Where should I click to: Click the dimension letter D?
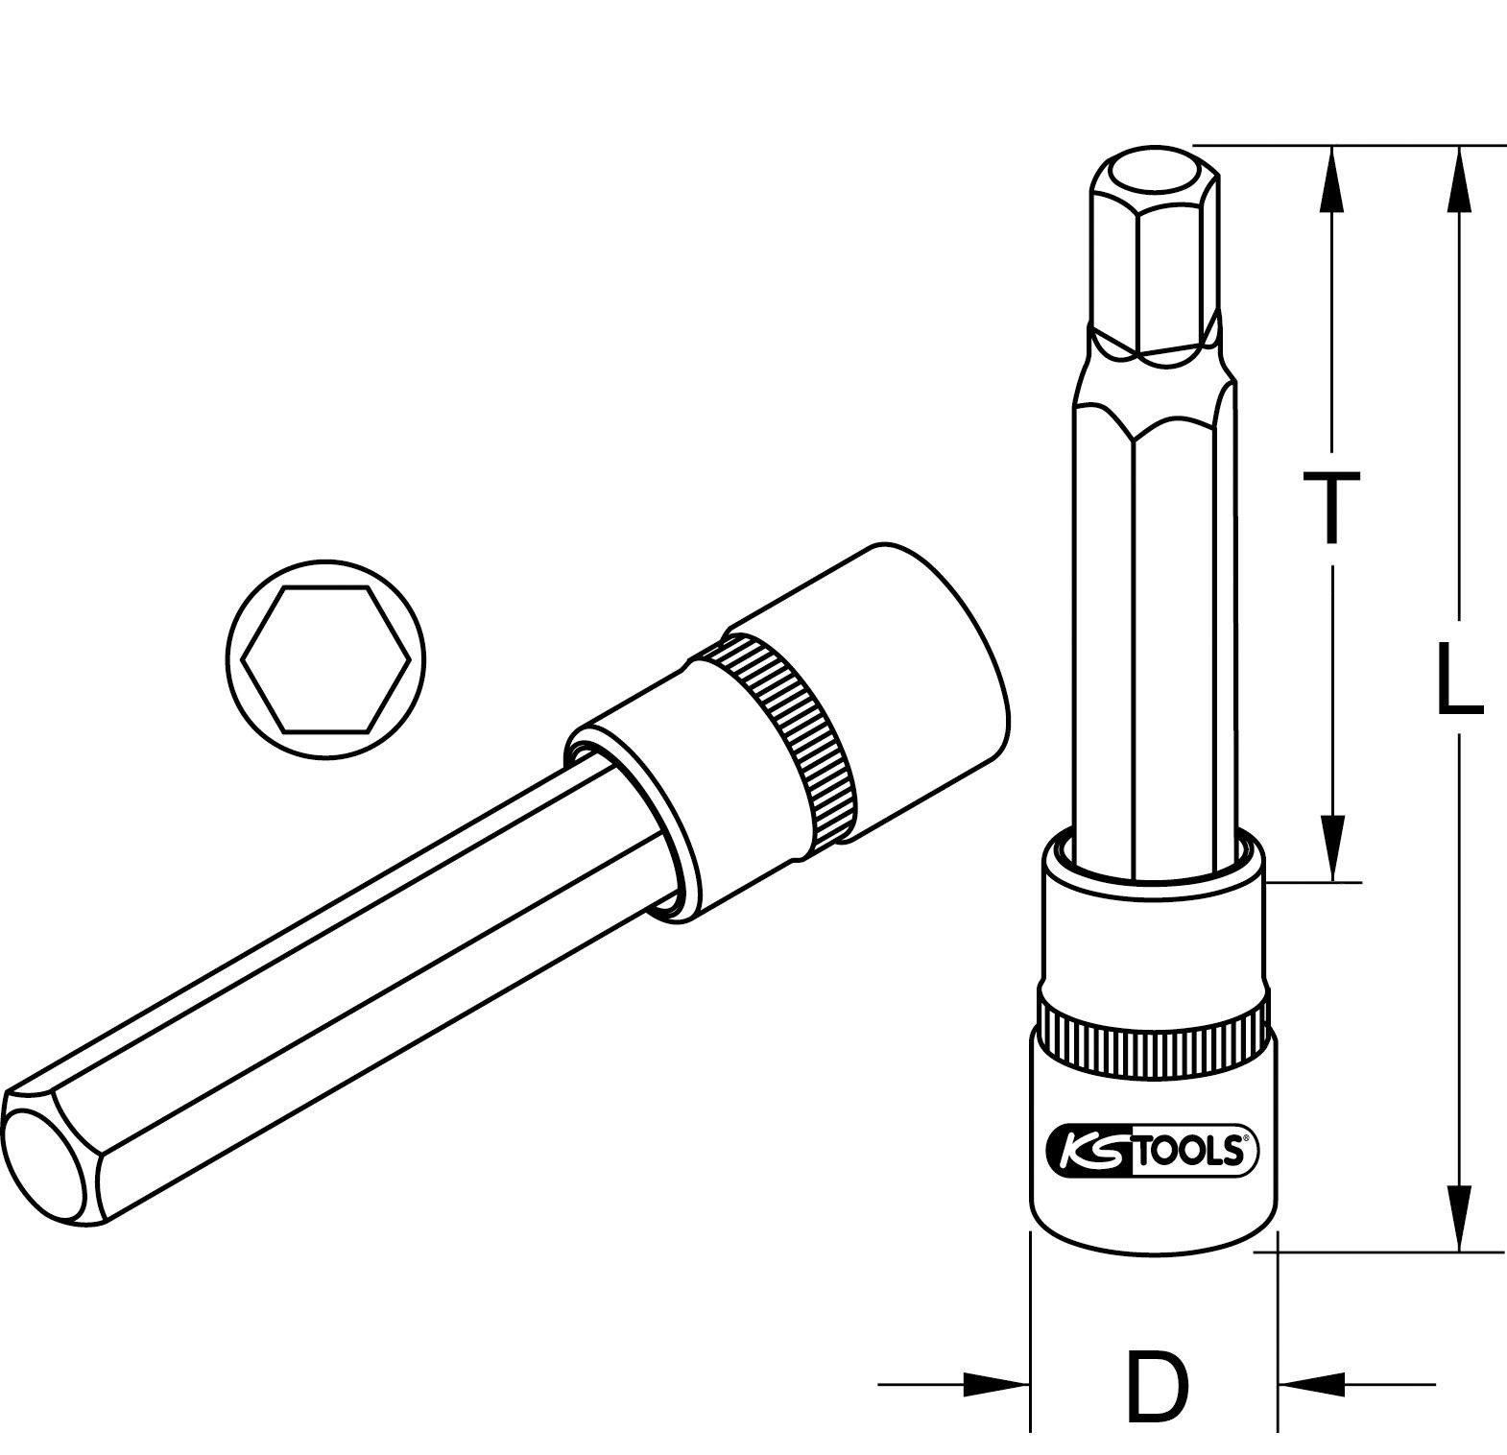click(x=1156, y=1385)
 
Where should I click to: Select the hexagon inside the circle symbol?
click(x=326, y=658)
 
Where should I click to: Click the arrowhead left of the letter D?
click(x=998, y=1384)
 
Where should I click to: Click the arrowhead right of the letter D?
click(x=1311, y=1384)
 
